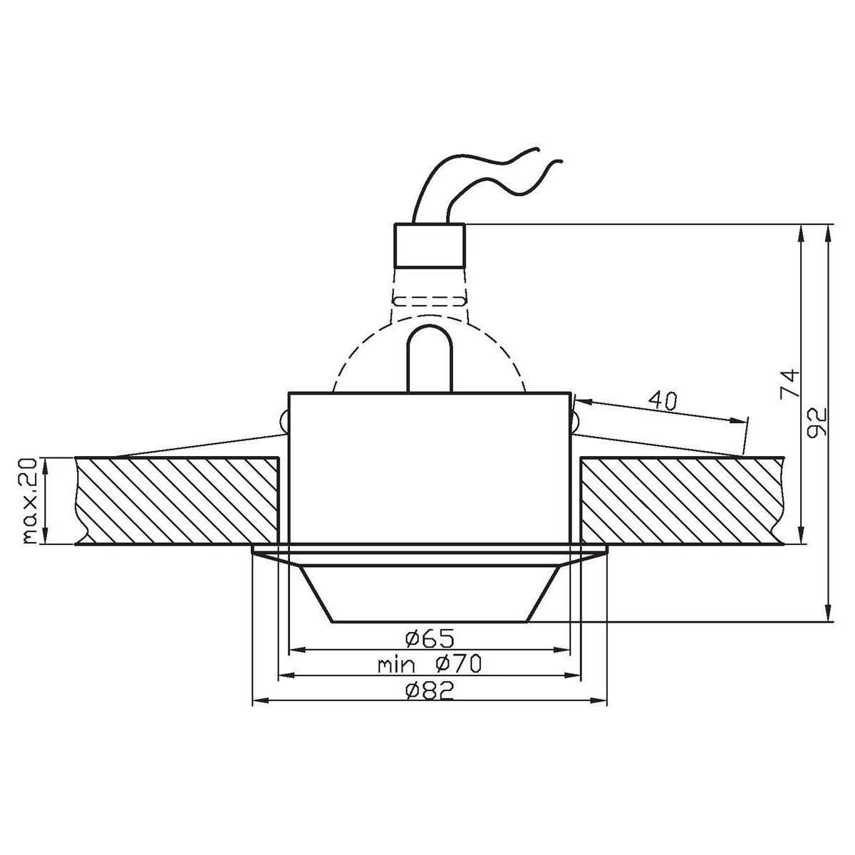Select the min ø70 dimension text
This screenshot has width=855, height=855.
430,665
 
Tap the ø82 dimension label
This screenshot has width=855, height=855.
429,690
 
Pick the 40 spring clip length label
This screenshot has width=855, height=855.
663,401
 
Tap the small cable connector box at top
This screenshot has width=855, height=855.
430,245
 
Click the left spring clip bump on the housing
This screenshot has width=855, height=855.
284,423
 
